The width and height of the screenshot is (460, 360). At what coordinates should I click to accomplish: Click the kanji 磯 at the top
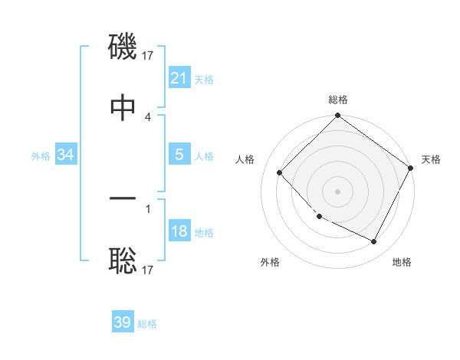point(123,48)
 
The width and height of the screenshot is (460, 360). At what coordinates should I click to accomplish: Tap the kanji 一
point(123,201)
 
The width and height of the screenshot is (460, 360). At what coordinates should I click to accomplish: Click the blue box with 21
point(179,77)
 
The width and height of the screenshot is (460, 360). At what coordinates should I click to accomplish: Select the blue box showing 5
point(179,155)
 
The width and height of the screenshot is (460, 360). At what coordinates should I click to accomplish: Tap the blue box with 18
point(179,231)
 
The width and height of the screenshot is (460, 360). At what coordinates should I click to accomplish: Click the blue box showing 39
point(123,322)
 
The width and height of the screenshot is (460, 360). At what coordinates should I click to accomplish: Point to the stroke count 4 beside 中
point(148,117)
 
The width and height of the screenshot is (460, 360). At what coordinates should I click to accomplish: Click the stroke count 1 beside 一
point(148,208)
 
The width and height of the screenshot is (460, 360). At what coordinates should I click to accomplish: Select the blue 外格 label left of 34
point(41,156)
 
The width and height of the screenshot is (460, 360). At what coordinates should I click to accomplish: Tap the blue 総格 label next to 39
point(147,324)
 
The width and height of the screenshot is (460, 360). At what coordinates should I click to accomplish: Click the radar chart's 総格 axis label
point(337,100)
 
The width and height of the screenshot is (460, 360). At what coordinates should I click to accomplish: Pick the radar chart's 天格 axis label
point(431,159)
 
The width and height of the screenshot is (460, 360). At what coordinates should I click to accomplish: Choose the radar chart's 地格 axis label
point(402,262)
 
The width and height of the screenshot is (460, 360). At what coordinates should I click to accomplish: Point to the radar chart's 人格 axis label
point(245,159)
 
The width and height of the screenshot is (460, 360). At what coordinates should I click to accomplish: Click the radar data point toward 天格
point(411,168)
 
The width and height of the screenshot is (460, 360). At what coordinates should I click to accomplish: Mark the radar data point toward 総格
point(337,116)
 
